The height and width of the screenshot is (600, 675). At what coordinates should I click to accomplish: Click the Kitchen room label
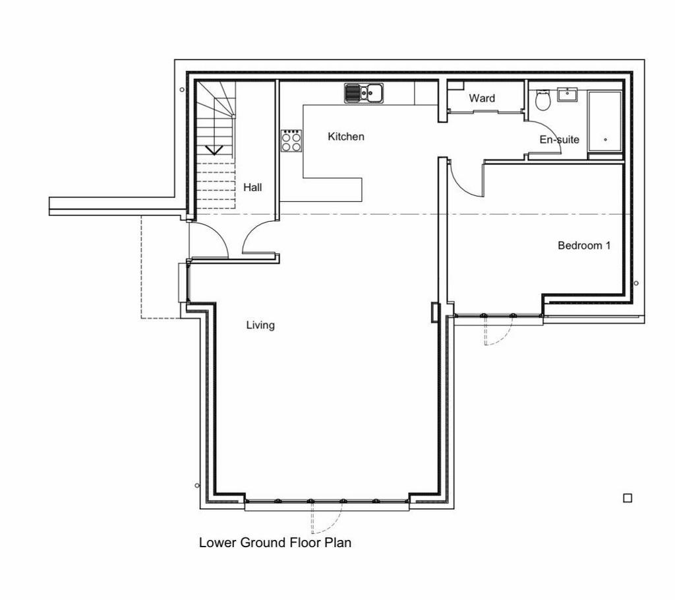coord(345,137)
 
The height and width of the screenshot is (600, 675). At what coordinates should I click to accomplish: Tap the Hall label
coord(252,187)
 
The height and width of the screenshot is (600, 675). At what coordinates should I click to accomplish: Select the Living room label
coord(260,325)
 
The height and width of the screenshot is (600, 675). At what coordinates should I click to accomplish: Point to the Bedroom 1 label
coord(584,246)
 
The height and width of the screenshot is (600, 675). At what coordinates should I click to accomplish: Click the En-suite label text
coord(559,139)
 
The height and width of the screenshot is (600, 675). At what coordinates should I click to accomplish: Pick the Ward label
coord(482,98)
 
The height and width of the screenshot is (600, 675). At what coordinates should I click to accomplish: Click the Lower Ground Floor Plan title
coord(275,542)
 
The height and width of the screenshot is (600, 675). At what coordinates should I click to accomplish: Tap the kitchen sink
coord(364,93)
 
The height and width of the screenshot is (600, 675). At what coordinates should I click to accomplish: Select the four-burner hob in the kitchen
coord(291,141)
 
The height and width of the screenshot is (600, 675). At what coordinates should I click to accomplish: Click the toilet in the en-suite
coord(543,100)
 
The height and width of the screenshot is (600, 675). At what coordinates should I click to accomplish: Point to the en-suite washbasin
coord(568,94)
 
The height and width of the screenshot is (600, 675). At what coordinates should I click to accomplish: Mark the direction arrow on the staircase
coord(214,150)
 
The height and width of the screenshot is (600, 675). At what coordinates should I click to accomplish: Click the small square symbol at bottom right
coord(628,498)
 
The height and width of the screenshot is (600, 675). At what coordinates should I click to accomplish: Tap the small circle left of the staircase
coord(182,90)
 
